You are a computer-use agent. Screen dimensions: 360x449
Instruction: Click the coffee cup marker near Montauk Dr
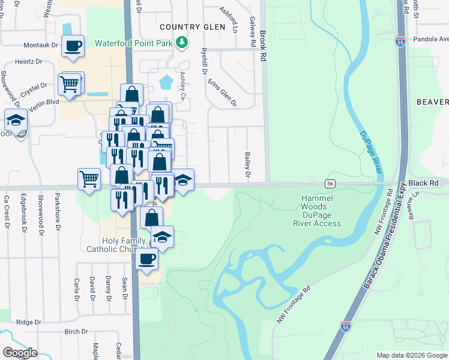73,46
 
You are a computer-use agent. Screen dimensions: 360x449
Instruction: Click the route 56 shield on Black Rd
330,183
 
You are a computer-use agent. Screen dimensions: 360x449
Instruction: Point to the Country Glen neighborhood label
192,27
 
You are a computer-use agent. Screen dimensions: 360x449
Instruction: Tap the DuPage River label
371,153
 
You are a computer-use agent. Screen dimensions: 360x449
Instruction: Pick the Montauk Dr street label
41,45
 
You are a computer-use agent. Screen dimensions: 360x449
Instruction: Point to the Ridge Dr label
28,322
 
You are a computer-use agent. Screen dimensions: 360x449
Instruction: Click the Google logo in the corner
20,353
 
